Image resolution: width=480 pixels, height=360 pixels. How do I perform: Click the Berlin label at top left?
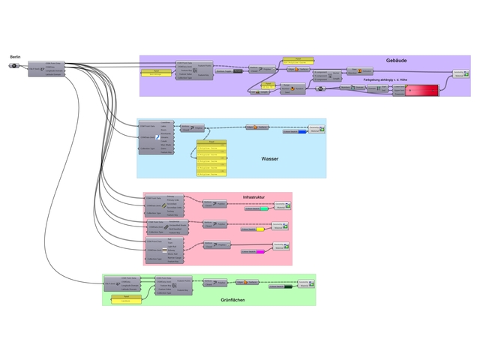(15, 57)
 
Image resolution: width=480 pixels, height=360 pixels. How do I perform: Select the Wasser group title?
(270, 159)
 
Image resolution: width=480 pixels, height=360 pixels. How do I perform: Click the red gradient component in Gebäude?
(421, 91)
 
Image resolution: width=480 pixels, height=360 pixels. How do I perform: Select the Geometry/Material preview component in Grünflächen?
(304, 284)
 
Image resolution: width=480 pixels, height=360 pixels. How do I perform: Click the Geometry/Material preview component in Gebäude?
(460, 73)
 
